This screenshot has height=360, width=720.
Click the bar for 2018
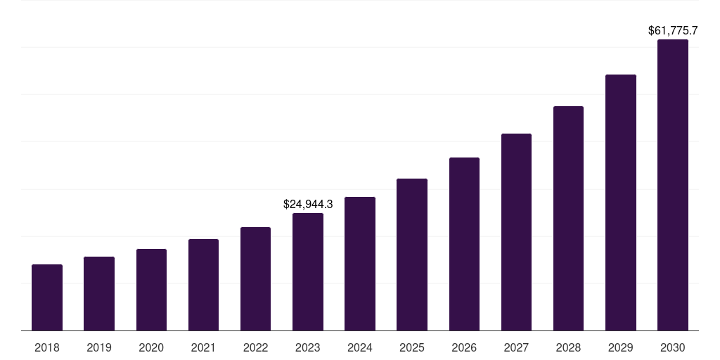click(x=47, y=297)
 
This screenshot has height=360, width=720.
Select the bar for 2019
click(x=99, y=293)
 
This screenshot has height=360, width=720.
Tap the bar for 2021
click(x=203, y=285)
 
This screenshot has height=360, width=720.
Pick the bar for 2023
click(x=308, y=271)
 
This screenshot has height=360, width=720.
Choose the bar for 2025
click(x=412, y=255)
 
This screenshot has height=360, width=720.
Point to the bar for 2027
click(x=516, y=232)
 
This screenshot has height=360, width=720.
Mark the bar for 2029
click(x=620, y=202)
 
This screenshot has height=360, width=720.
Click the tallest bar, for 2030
click(x=672, y=185)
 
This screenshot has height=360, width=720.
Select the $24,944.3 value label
click(x=308, y=204)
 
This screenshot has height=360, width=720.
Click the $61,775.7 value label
click(x=672, y=30)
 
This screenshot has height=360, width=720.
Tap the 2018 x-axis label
click(x=47, y=347)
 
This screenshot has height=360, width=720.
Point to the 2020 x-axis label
click(x=151, y=347)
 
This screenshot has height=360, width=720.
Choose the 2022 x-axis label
click(x=255, y=347)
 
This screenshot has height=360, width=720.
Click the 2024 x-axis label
click(x=360, y=347)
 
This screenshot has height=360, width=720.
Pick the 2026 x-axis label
click(x=464, y=347)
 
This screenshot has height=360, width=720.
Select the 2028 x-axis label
click(x=568, y=347)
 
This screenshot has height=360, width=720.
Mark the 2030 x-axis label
click(x=672, y=347)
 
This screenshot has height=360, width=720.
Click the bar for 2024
click(x=360, y=264)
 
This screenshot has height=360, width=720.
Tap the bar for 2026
click(x=464, y=244)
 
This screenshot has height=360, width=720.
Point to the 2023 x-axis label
click(x=308, y=347)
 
